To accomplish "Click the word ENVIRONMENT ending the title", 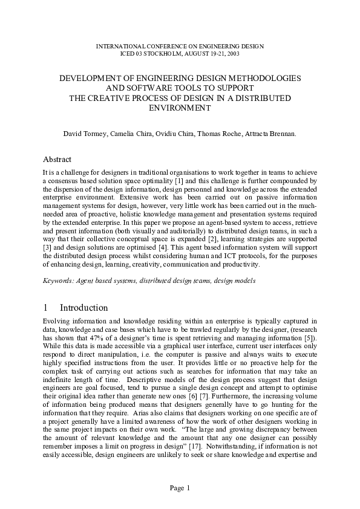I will tap(180, 108).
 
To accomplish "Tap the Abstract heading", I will tap(57, 160).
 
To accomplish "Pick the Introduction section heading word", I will tap(83, 308).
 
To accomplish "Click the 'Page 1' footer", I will tap(180, 487).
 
